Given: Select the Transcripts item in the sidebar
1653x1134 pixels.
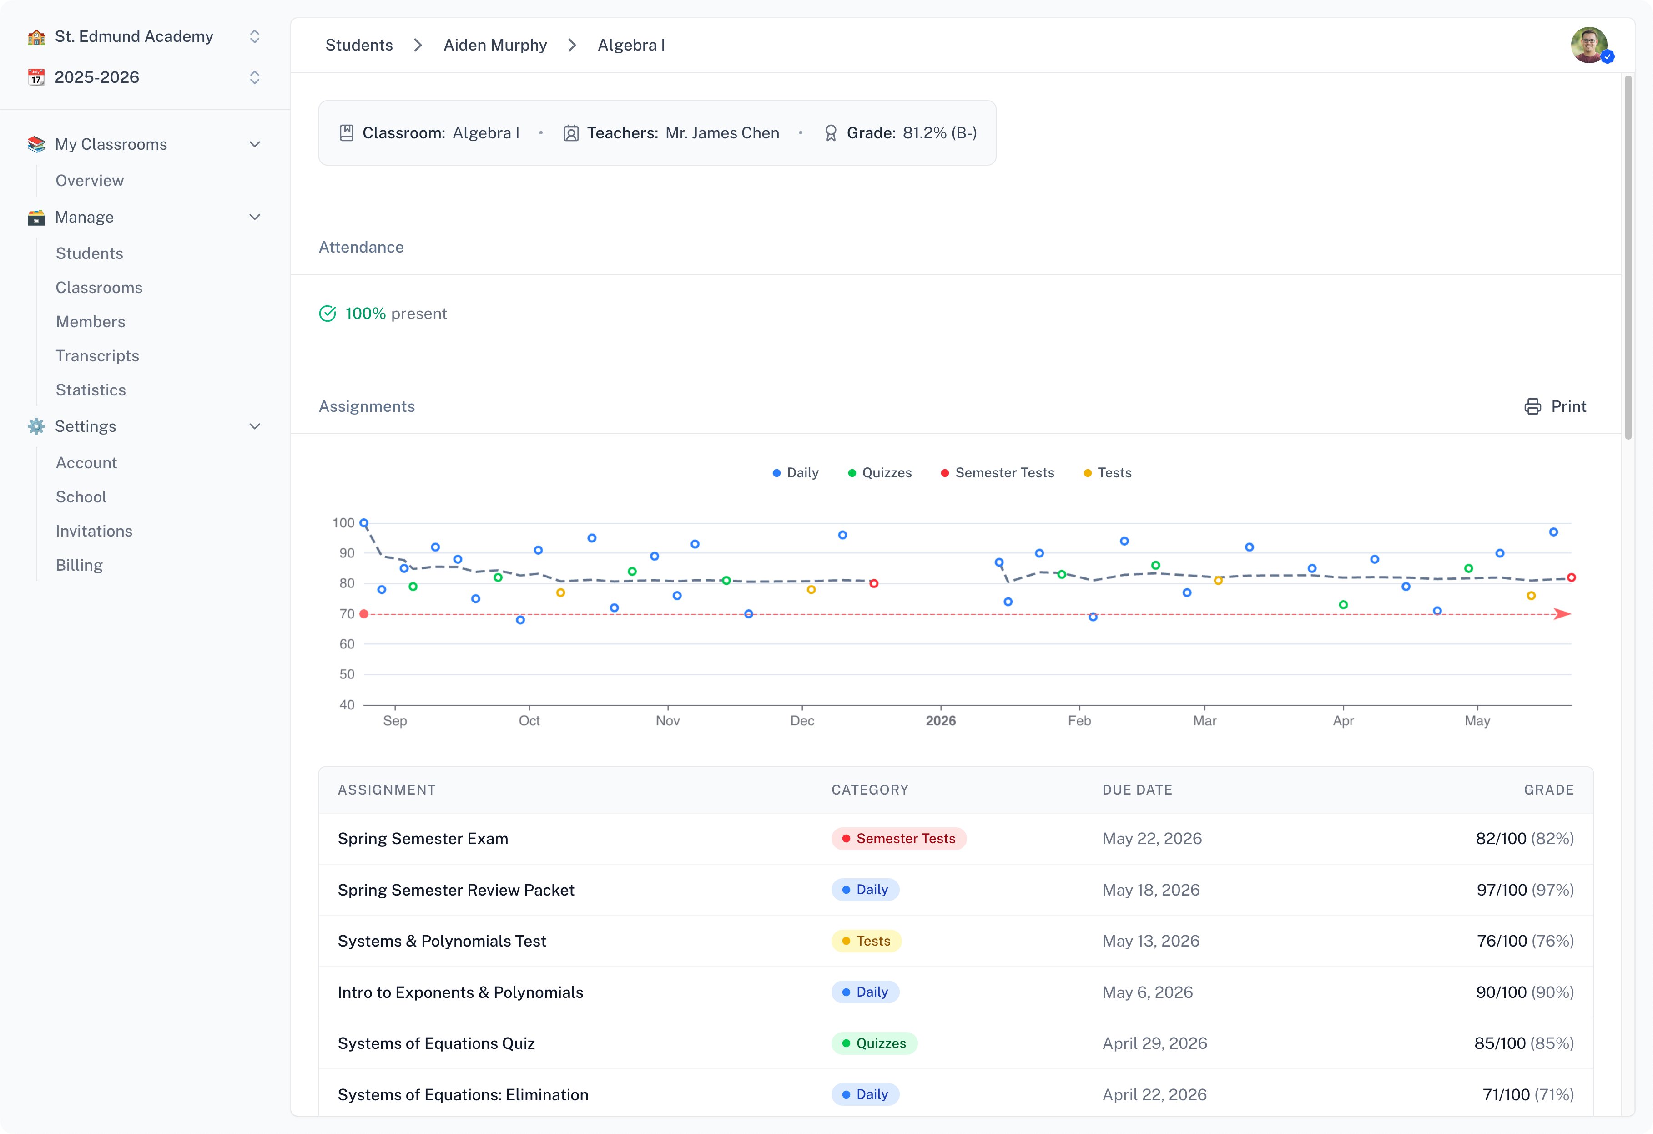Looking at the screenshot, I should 97,356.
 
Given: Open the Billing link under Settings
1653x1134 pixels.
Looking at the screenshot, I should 79,565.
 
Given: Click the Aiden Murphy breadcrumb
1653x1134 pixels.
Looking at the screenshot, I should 495,45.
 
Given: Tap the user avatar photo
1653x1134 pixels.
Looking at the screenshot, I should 1588,45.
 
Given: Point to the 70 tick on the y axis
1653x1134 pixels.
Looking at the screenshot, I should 347,614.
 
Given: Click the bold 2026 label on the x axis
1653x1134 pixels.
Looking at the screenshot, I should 940,721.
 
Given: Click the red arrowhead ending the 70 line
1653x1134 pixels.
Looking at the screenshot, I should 1562,614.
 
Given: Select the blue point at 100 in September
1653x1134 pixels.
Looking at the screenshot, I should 364,523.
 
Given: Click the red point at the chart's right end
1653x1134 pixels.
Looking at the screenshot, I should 1571,577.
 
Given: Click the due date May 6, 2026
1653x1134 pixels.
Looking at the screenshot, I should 1147,992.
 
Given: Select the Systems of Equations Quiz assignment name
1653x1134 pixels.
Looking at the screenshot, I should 436,1043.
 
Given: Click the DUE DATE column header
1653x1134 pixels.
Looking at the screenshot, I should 1137,790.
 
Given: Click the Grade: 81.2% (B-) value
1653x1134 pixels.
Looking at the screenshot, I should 939,133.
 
